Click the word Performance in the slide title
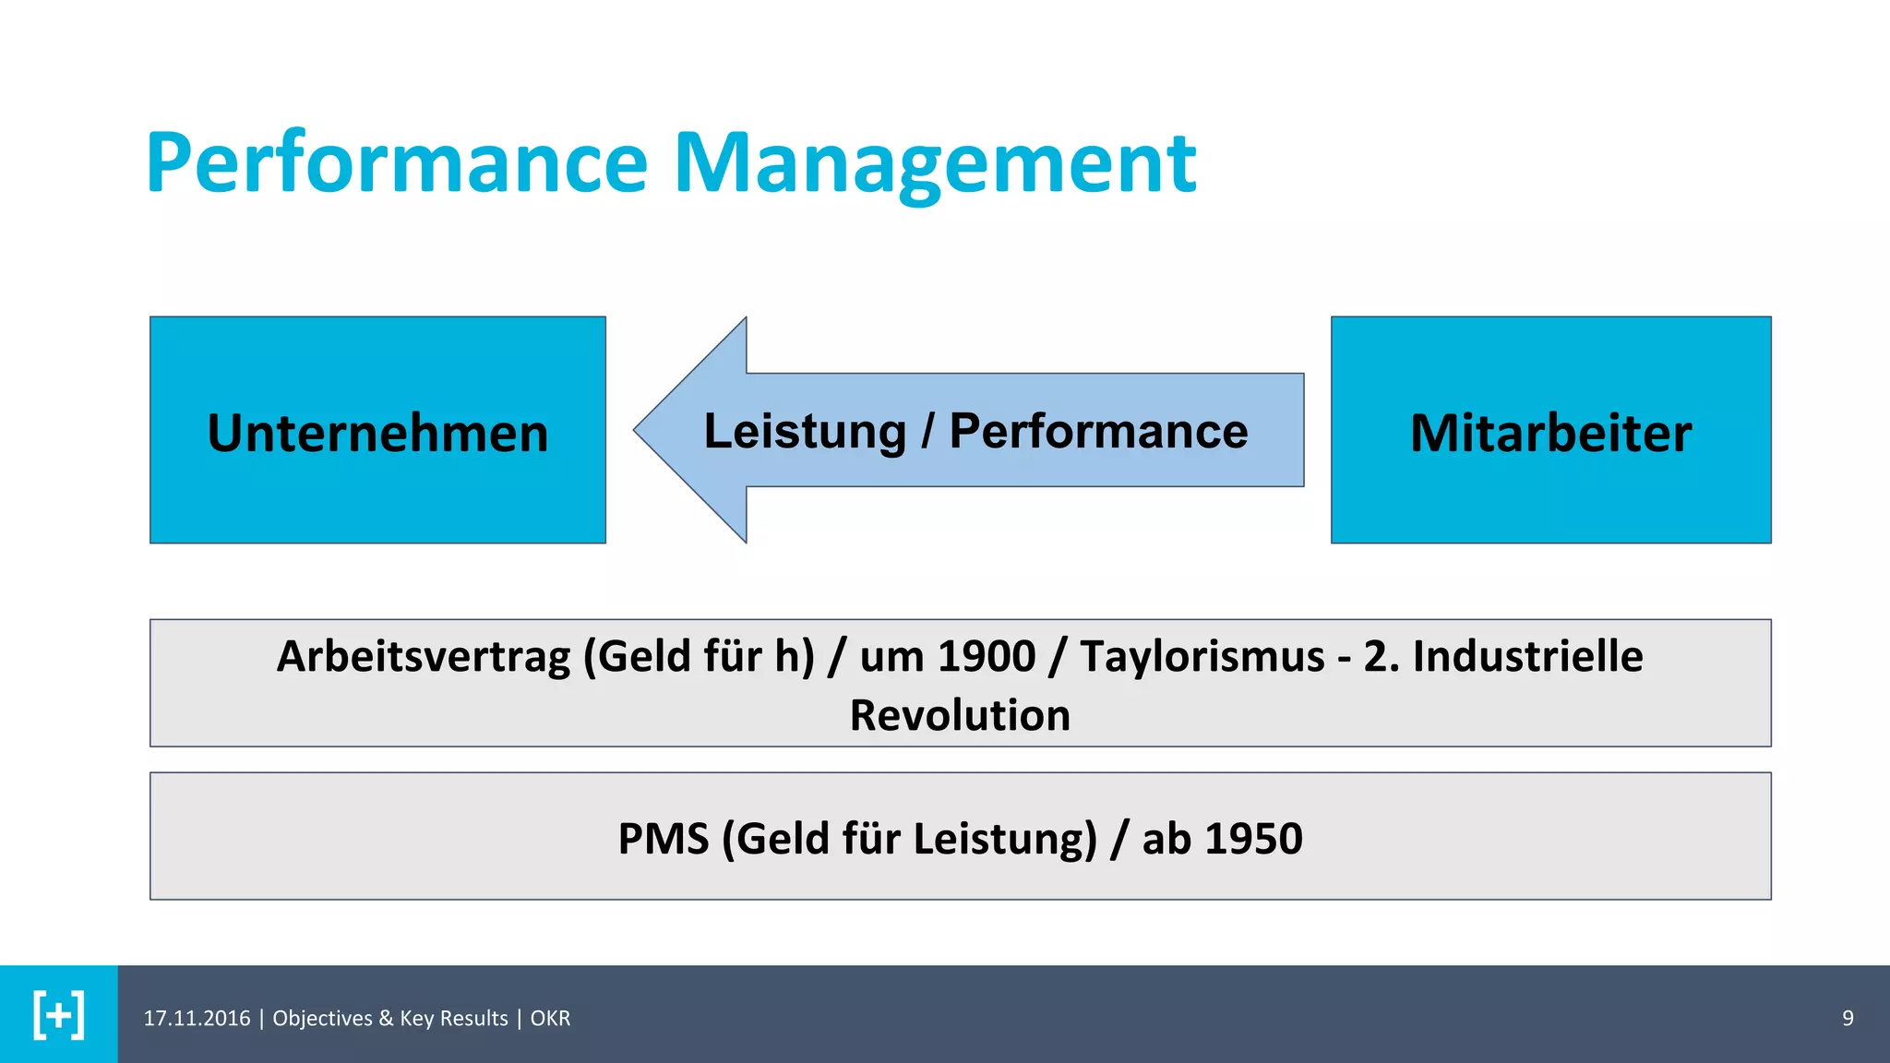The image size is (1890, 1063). (x=397, y=164)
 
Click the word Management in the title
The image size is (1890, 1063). (x=934, y=164)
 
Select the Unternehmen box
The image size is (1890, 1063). (x=377, y=430)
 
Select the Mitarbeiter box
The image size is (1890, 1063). (x=1550, y=430)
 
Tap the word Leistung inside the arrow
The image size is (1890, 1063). (x=805, y=432)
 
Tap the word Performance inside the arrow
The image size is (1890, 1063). (x=1098, y=432)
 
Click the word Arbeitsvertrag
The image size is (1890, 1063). (x=424, y=657)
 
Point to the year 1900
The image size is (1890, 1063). (x=986, y=657)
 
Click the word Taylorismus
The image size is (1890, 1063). (x=1202, y=657)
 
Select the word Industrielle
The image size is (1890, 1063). (x=1527, y=657)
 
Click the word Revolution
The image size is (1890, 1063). (x=960, y=716)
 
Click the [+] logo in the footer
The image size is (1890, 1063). (x=59, y=1015)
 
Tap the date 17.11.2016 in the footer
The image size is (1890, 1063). (x=197, y=1019)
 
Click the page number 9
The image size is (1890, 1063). (x=1848, y=1019)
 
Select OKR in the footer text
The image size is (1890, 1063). (x=550, y=1019)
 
